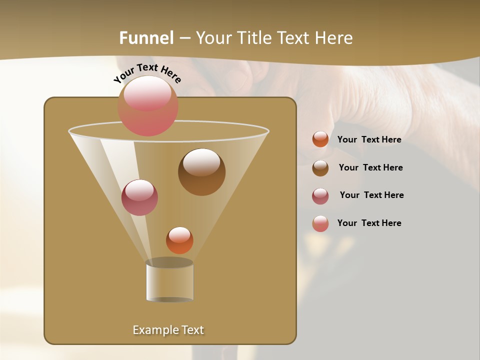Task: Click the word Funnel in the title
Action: click(x=146, y=38)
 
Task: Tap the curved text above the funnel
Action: click(x=147, y=72)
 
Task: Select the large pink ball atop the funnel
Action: click(x=148, y=106)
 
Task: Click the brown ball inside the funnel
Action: click(x=201, y=172)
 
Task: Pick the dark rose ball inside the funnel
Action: click(x=139, y=197)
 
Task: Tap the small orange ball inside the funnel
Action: click(x=179, y=240)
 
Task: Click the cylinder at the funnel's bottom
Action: click(x=169, y=281)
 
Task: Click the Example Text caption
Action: click(x=168, y=330)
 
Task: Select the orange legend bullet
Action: click(x=320, y=139)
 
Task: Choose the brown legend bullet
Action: click(x=320, y=168)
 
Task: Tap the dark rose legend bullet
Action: click(x=320, y=196)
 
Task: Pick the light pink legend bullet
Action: click(x=320, y=223)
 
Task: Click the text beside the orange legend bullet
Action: click(x=369, y=140)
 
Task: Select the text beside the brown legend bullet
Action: click(x=370, y=168)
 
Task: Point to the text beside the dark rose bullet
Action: click(x=371, y=195)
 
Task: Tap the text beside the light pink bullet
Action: click(x=369, y=223)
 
